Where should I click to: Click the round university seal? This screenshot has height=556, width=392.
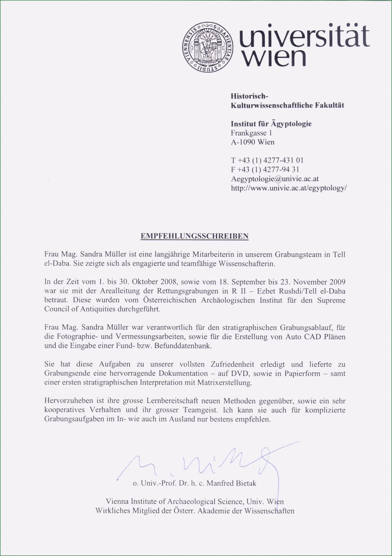coord(208,47)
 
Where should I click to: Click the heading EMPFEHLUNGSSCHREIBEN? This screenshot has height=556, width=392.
coord(194,236)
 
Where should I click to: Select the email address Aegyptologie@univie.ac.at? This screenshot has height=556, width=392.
coord(275,179)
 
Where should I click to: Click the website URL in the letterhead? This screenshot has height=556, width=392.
coord(289,188)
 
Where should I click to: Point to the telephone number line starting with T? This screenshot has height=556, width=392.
coord(267,160)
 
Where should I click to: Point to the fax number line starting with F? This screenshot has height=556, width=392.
coord(265,170)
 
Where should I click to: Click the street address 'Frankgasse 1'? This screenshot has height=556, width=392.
coord(251,133)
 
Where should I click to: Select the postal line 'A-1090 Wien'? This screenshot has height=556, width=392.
coord(252,142)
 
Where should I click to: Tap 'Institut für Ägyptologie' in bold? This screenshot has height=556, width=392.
coord(271,124)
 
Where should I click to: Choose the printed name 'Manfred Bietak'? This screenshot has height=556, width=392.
coord(231,483)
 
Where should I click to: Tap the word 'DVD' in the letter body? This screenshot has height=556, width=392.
coord(240,373)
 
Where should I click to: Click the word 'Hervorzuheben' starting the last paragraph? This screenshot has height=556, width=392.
coord(69,401)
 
